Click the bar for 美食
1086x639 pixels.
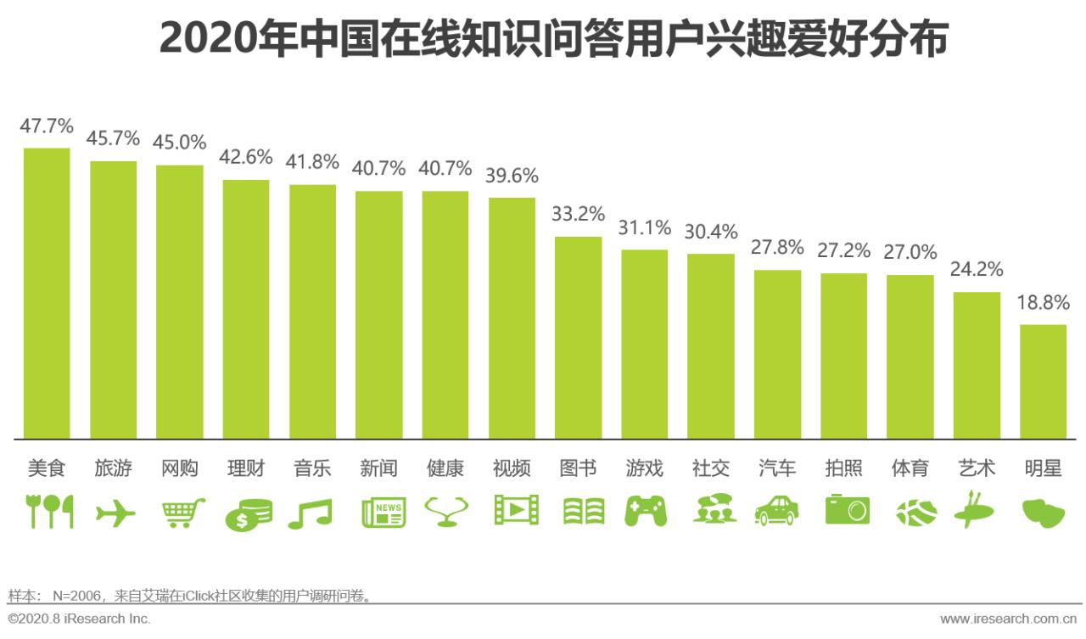[47, 293]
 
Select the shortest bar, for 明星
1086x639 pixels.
[1043, 381]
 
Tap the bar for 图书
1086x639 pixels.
[578, 337]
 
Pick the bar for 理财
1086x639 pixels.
[246, 309]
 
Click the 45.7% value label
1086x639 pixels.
[113, 138]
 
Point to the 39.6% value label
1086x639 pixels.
[512, 176]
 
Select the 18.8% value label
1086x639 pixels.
[1043, 303]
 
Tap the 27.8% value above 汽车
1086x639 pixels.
[777, 247]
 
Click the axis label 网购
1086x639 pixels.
[179, 468]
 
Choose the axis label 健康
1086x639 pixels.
[445, 468]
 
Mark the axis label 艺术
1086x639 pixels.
[977, 468]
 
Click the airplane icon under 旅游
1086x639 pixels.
[115, 513]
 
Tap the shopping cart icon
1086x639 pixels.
[182, 512]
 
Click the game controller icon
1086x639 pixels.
[646, 512]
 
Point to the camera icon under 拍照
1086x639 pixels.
[846, 510]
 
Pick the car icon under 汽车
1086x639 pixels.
[776, 511]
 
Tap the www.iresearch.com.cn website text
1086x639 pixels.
[1010, 619]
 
